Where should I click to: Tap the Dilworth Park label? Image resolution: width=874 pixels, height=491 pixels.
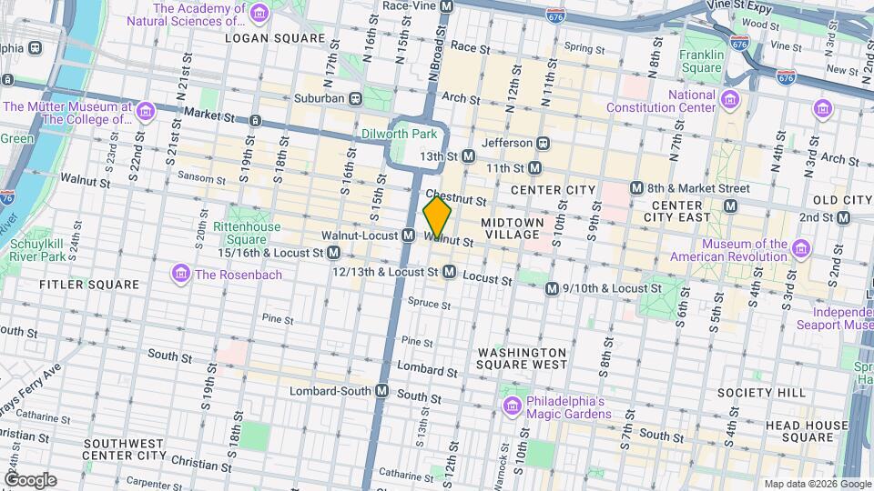[401, 134]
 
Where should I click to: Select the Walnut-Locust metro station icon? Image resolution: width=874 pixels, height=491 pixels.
[410, 235]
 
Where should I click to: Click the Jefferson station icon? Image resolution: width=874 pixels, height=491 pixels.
[544, 143]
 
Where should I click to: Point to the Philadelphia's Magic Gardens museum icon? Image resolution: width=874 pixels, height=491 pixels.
[511, 405]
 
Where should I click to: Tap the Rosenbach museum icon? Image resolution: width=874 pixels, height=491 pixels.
[180, 274]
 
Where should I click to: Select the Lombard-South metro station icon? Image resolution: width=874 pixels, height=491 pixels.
[382, 391]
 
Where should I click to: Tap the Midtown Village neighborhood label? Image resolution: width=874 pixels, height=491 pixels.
[512, 228]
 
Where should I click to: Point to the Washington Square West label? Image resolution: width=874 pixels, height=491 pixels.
[522, 358]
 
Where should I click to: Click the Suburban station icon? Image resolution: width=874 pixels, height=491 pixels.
[356, 97]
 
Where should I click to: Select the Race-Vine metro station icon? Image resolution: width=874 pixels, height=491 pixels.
[446, 5]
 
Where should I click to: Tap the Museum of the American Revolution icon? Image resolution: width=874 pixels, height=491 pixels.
[801, 249]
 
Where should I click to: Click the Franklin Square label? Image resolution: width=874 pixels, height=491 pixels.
[701, 61]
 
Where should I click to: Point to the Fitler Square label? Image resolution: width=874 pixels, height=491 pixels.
[89, 285]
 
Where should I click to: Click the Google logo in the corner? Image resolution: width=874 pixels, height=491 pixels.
[30, 480]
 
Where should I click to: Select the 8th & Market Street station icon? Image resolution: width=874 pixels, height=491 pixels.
[638, 188]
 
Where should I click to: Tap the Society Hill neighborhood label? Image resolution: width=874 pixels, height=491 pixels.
[773, 392]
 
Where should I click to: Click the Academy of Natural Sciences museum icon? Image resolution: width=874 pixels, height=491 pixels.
[259, 14]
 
